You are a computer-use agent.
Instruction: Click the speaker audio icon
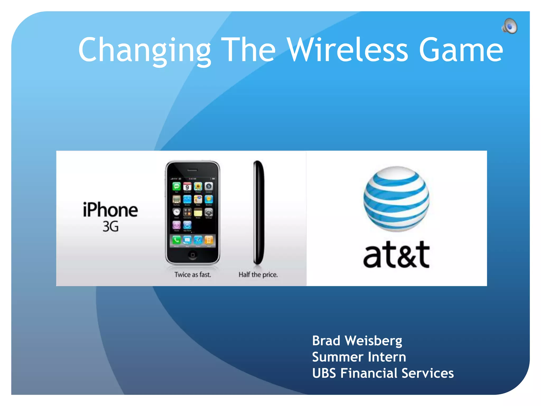[x=510, y=26]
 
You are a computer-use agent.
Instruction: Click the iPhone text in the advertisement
[x=110, y=210]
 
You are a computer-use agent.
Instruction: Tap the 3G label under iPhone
[x=110, y=227]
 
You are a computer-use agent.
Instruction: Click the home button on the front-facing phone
[x=193, y=255]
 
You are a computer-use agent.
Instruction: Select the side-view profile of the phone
[x=258, y=213]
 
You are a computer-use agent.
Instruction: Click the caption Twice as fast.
[x=193, y=275]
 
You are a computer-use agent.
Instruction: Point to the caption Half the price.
[x=258, y=275]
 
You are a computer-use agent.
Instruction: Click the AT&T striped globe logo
[x=396, y=199]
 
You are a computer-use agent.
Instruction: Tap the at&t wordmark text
[x=396, y=254]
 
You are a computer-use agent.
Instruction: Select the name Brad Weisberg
[x=357, y=341]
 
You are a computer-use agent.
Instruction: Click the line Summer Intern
[x=359, y=357]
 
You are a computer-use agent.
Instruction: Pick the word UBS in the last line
[x=324, y=373]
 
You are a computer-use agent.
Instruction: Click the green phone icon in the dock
[x=176, y=240]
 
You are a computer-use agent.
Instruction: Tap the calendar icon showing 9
[x=187, y=187]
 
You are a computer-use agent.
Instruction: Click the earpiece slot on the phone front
[x=193, y=170]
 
